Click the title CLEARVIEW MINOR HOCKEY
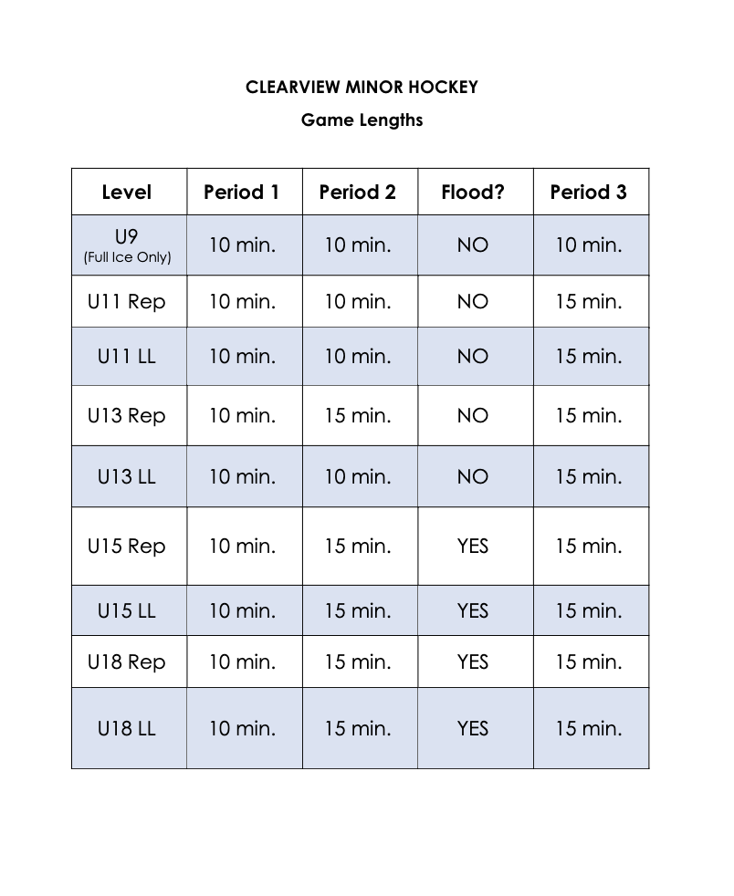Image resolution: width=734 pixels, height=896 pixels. (362, 88)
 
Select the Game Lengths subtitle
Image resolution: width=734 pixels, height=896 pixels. (362, 120)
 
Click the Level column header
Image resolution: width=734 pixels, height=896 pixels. (127, 193)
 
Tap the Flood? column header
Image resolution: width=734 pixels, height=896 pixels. (473, 193)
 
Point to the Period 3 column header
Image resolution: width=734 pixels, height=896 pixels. (589, 193)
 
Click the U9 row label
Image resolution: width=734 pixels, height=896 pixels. (127, 238)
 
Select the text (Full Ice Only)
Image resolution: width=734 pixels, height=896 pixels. (127, 257)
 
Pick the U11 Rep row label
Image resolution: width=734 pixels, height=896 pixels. (127, 301)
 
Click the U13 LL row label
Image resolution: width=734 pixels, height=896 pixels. (127, 476)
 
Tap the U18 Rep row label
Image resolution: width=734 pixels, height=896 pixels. (127, 662)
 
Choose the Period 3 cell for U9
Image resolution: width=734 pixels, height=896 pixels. (589, 245)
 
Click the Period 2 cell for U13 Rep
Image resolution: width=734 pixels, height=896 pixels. (358, 415)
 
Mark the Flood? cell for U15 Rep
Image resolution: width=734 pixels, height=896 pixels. (473, 546)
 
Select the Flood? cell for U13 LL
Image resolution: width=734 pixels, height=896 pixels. (473, 476)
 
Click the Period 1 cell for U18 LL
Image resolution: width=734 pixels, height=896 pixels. (242, 728)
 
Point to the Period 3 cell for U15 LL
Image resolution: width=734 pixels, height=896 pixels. (589, 610)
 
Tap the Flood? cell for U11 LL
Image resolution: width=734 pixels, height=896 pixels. (473, 356)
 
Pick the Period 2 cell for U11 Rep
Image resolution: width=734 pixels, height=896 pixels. (358, 301)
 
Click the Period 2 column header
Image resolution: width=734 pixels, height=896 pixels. (358, 193)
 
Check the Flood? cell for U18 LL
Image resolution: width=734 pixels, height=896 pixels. (473, 728)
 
